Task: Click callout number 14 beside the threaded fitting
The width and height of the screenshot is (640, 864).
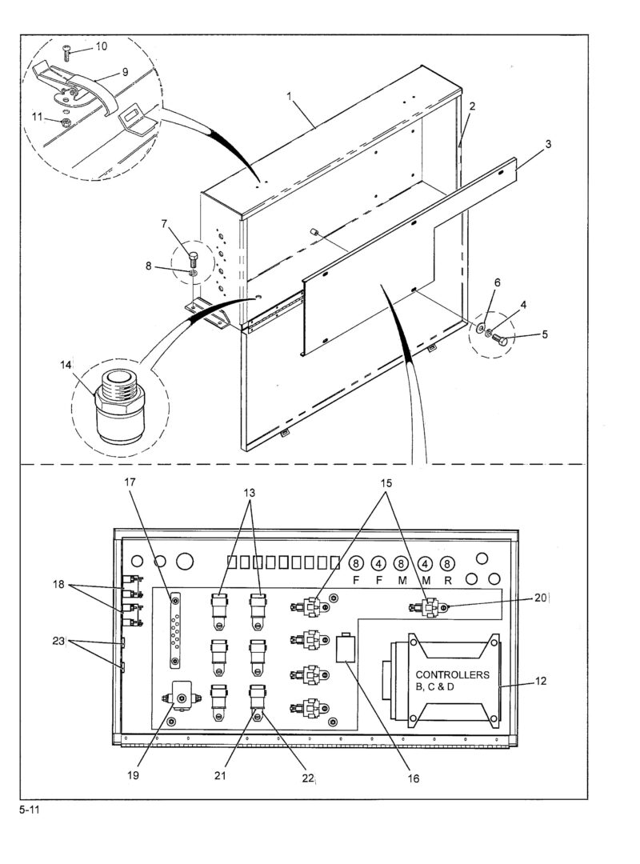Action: (x=66, y=365)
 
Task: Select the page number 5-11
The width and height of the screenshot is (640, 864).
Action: (x=30, y=810)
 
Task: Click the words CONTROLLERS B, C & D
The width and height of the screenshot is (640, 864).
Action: (x=452, y=681)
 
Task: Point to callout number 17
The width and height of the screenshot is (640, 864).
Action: (x=130, y=482)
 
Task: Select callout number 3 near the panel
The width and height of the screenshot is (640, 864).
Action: (x=548, y=144)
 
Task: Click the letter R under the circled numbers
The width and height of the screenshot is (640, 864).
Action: (x=448, y=580)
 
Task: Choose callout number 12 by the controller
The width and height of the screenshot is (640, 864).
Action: (x=541, y=681)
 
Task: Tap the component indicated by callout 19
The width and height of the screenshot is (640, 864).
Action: (x=182, y=697)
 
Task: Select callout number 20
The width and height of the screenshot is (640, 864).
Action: (x=541, y=598)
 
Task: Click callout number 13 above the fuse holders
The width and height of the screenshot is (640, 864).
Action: (x=250, y=493)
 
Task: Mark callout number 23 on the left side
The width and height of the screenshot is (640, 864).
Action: (x=59, y=642)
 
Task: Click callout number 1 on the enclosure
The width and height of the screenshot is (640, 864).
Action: (x=289, y=96)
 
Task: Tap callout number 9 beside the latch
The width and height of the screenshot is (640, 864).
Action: (x=125, y=72)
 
